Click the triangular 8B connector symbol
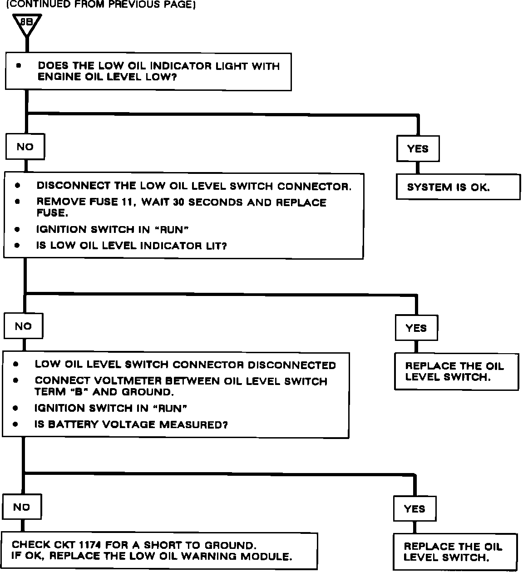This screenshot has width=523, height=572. [27, 24]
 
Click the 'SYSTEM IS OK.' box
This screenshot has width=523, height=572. [458, 187]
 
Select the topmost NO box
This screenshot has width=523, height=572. [25, 147]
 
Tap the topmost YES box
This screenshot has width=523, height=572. [418, 148]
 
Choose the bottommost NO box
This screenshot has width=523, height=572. [21, 507]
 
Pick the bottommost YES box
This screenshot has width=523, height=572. [414, 509]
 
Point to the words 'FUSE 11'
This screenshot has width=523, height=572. [112, 202]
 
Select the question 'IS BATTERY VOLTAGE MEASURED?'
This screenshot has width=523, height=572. [131, 424]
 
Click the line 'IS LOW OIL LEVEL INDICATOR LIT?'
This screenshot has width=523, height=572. [131, 246]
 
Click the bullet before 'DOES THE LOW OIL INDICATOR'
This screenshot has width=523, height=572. [19, 66]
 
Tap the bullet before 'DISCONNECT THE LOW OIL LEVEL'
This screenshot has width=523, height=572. [17, 186]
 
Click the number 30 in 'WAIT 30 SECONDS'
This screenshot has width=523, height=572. [178, 202]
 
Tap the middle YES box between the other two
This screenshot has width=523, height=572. [416, 328]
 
